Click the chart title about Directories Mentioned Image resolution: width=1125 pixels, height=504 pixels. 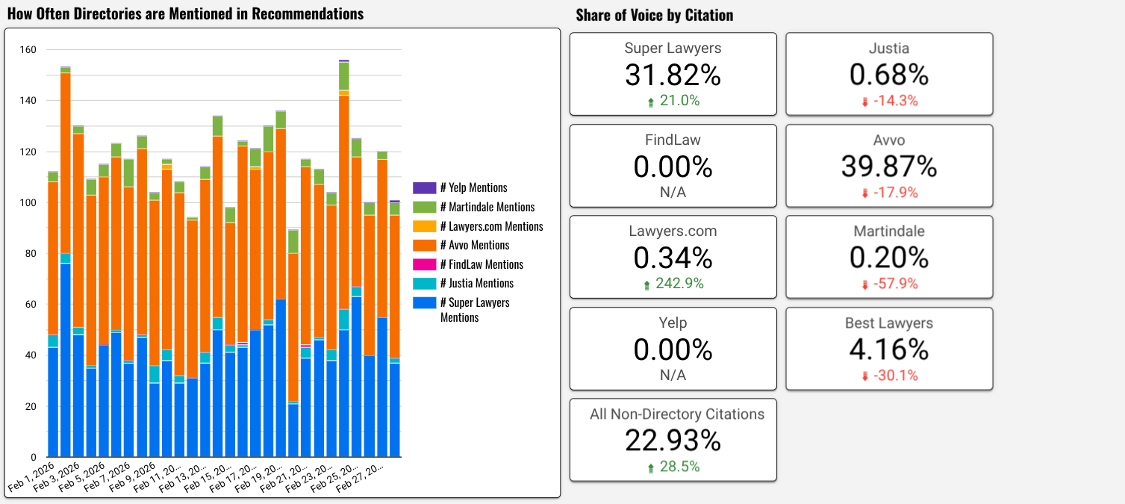[x=185, y=14]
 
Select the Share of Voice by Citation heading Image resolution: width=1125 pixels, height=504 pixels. [x=654, y=15]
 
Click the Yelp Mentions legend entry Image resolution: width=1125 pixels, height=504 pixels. [x=473, y=188]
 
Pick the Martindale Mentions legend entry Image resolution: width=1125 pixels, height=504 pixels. [x=487, y=207]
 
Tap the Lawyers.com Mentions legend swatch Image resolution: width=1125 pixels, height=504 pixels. [x=424, y=226]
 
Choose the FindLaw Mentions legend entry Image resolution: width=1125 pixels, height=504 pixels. [x=482, y=264]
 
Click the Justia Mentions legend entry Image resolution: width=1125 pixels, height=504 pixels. [x=476, y=283]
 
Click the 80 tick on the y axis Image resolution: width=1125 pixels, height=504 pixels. [x=30, y=254]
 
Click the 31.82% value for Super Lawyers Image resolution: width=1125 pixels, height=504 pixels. [x=673, y=75]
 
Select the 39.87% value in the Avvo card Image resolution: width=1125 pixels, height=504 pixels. [x=888, y=167]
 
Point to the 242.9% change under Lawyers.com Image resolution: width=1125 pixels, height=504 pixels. [x=673, y=284]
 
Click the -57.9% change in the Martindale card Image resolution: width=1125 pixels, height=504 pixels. [x=888, y=284]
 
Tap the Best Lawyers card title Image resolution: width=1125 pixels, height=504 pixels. [x=888, y=323]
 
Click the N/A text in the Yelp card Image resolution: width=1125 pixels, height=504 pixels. [x=673, y=376]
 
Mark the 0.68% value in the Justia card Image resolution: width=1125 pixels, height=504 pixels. [x=888, y=75]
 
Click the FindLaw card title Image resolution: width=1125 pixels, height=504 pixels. [x=673, y=140]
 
